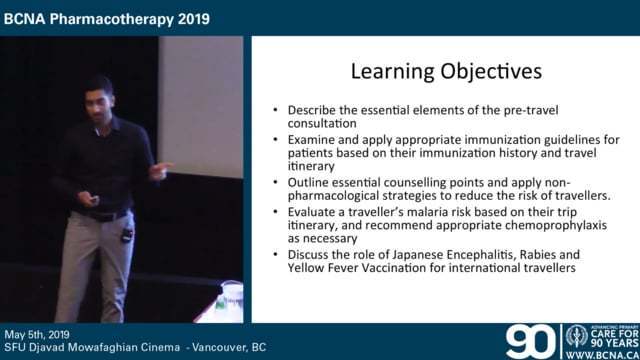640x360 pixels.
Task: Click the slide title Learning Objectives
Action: tap(433, 72)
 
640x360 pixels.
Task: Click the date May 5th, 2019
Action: tap(45, 334)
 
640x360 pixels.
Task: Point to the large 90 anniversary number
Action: tap(530, 340)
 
